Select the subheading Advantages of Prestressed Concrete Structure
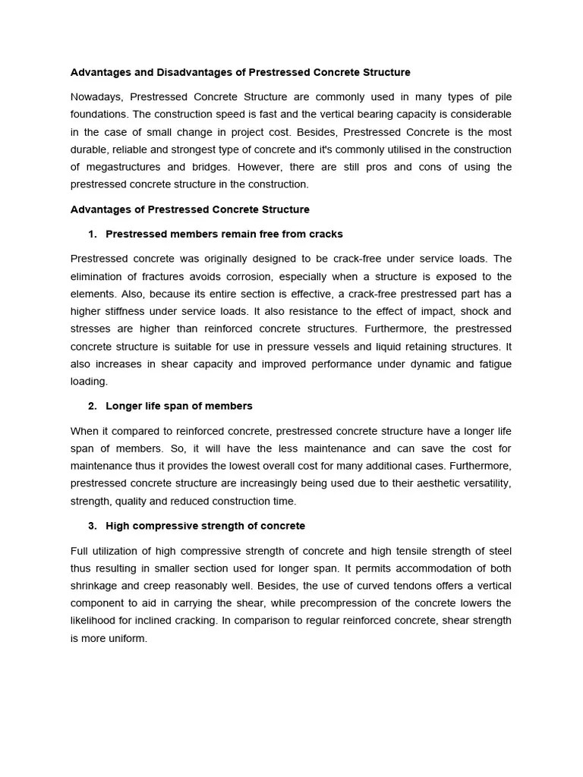(190, 209)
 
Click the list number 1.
(92, 234)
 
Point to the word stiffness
(128, 312)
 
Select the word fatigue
(493, 364)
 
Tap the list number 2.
(92, 406)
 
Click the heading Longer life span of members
(179, 406)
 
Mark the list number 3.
(92, 525)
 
